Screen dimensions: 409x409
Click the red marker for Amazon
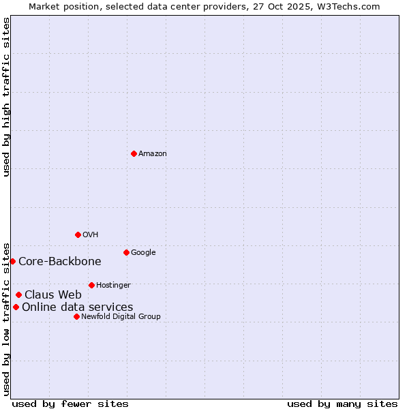coord(134,153)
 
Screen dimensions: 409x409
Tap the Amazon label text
coord(153,154)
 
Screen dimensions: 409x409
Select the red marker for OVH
coord(78,234)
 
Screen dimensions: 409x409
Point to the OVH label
coord(91,235)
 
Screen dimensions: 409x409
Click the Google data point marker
coord(126,252)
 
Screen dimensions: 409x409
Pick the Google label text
coord(143,253)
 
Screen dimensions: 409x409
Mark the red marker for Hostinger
coord(91,285)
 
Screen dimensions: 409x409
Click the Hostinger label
coord(113,286)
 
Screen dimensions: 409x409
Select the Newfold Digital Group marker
coord(76,316)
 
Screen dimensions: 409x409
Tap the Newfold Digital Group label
coord(121,317)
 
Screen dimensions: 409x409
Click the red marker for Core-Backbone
coord(12,261)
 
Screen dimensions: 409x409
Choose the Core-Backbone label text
coord(60,262)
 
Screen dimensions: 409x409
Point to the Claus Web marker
coord(18,294)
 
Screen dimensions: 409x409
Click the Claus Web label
coord(53,295)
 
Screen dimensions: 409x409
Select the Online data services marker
coord(16,307)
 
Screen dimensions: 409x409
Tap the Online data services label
coord(78,307)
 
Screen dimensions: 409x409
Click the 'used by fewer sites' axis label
coord(70,404)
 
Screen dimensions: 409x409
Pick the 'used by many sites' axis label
coord(342,404)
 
